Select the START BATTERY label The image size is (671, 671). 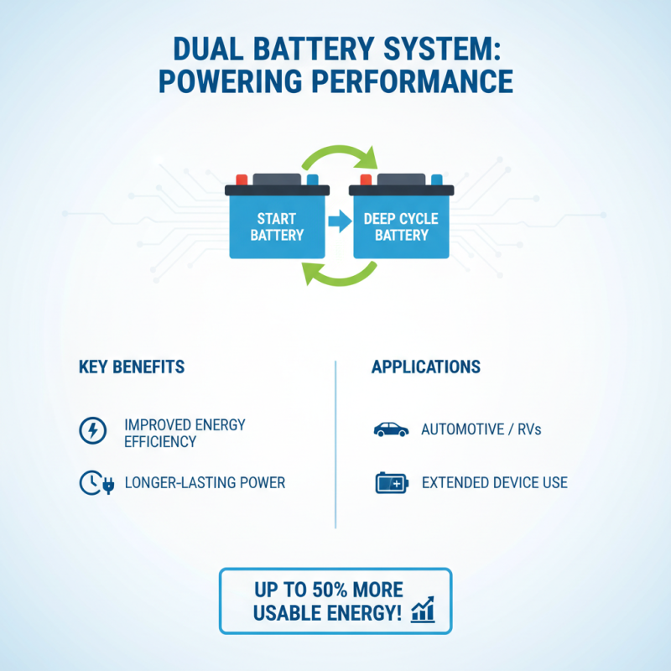click(x=277, y=226)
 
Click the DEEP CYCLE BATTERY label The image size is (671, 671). click(x=401, y=226)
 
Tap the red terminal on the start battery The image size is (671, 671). click(x=242, y=179)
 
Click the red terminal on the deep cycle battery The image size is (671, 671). click(x=366, y=179)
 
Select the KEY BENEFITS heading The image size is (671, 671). click(x=132, y=367)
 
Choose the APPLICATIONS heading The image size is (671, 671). click(x=426, y=367)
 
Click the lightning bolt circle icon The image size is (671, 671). click(x=91, y=431)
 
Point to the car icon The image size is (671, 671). click(x=391, y=430)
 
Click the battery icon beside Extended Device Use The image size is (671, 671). click(x=392, y=482)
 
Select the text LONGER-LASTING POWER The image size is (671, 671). click(x=205, y=482)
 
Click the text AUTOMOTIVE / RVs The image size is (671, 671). click(x=481, y=430)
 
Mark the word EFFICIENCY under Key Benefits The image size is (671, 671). click(x=159, y=441)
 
